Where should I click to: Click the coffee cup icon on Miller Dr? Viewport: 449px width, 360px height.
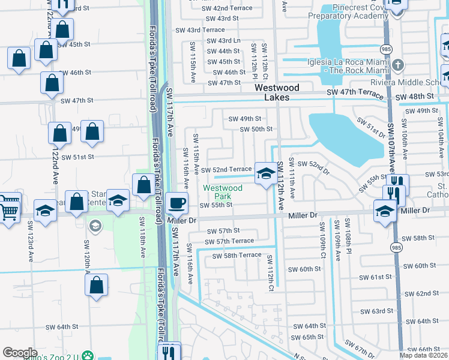click(176, 203)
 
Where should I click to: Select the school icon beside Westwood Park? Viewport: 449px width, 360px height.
click(264, 173)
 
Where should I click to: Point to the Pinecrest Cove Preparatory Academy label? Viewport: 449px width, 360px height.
click(354, 13)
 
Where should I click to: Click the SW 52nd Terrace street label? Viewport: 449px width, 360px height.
click(226, 170)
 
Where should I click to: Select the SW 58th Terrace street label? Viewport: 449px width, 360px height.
click(237, 255)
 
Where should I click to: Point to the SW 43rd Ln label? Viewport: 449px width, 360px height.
click(223, 41)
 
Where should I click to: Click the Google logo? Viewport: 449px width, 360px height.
click(20, 353)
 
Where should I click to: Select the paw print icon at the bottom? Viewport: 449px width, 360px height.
click(88, 355)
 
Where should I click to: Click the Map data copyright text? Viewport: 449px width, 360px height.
click(424, 355)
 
